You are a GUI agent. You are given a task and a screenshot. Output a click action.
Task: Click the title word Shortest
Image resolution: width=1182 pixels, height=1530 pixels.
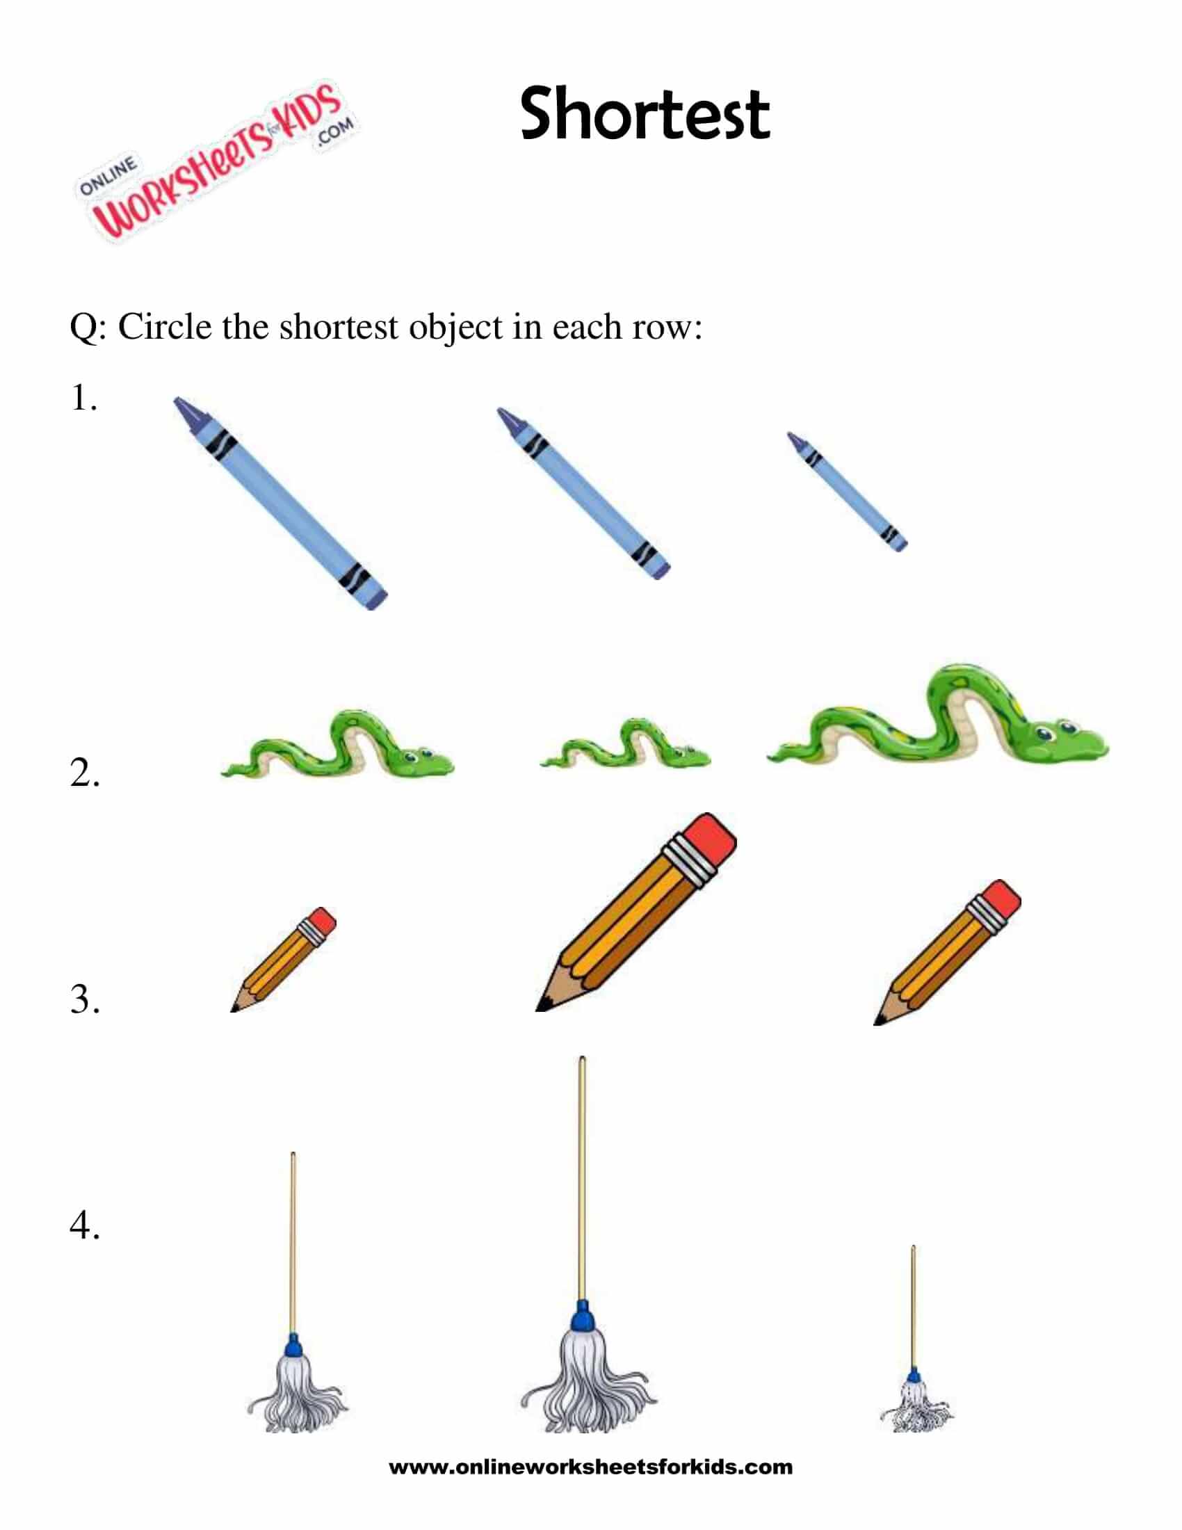pos(645,113)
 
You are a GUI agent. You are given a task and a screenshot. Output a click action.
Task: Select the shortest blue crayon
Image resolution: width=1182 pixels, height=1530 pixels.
pos(847,491)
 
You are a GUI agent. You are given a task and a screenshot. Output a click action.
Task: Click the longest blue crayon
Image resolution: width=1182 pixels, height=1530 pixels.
pos(280,502)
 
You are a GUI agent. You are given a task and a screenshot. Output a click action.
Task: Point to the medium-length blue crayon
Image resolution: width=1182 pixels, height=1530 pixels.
pos(583,493)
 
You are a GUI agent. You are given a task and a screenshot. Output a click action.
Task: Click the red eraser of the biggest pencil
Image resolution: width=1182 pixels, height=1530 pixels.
pos(709,841)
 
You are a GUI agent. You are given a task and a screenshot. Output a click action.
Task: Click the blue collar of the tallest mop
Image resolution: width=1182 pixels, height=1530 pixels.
pos(582,1319)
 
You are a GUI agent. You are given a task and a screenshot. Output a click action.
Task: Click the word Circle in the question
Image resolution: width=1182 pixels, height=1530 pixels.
pos(165,326)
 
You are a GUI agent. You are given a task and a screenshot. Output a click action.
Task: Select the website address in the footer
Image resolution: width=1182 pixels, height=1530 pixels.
pos(590,1467)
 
